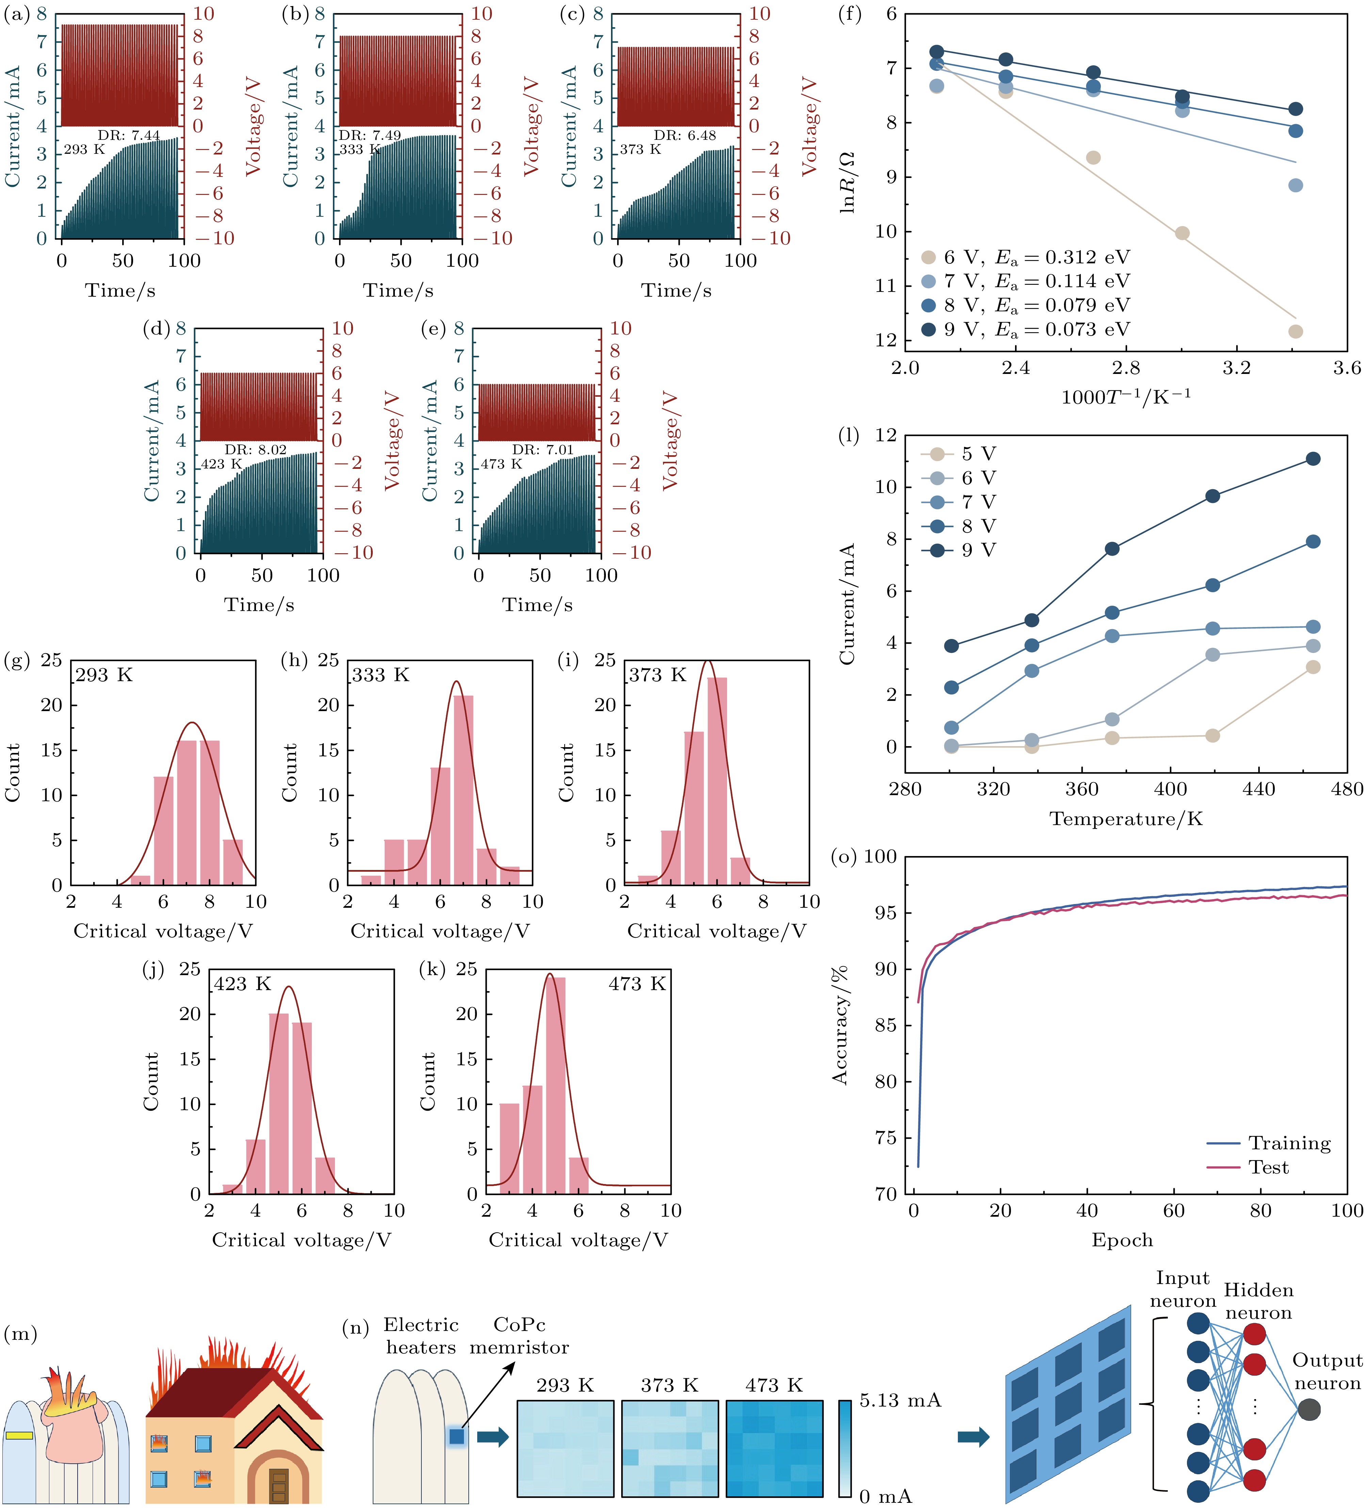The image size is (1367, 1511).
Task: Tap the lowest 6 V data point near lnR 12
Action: [x=1295, y=331]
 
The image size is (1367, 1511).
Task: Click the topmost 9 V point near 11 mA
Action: [x=1312, y=459]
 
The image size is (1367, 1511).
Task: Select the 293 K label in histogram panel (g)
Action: [x=103, y=675]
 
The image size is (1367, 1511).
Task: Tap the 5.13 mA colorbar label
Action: [x=900, y=1400]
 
